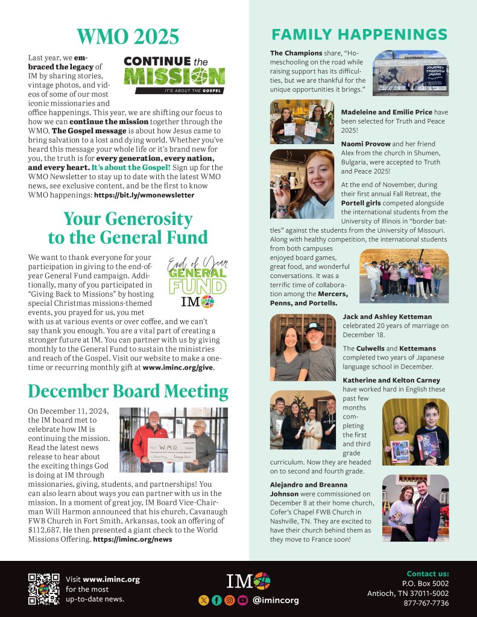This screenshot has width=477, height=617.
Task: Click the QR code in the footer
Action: click(44, 589)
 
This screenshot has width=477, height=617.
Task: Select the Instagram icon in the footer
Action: click(229, 600)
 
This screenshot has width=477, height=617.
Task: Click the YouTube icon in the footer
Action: click(242, 600)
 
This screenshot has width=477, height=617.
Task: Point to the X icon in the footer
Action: click(203, 600)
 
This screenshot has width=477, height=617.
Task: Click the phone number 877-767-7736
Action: click(426, 603)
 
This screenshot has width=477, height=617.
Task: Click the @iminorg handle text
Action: click(275, 600)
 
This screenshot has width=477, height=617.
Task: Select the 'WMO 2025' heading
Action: click(127, 37)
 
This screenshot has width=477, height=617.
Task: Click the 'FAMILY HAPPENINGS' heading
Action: click(359, 34)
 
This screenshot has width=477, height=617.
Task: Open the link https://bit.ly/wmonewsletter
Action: click(145, 195)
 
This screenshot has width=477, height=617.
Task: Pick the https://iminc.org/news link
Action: click(133, 539)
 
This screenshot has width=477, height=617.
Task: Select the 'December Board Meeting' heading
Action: click(128, 392)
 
